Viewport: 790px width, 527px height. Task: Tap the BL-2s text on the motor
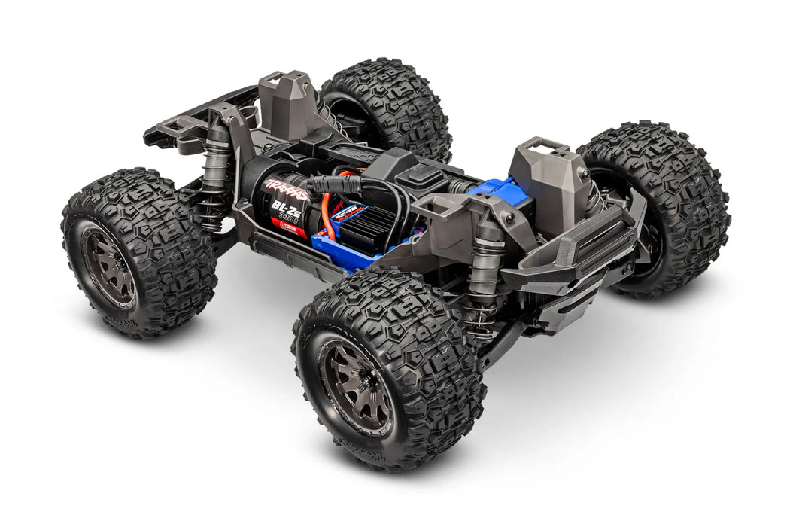tap(289, 209)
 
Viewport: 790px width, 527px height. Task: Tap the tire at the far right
tap(662, 203)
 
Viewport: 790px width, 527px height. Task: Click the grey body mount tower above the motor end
tap(289, 105)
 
